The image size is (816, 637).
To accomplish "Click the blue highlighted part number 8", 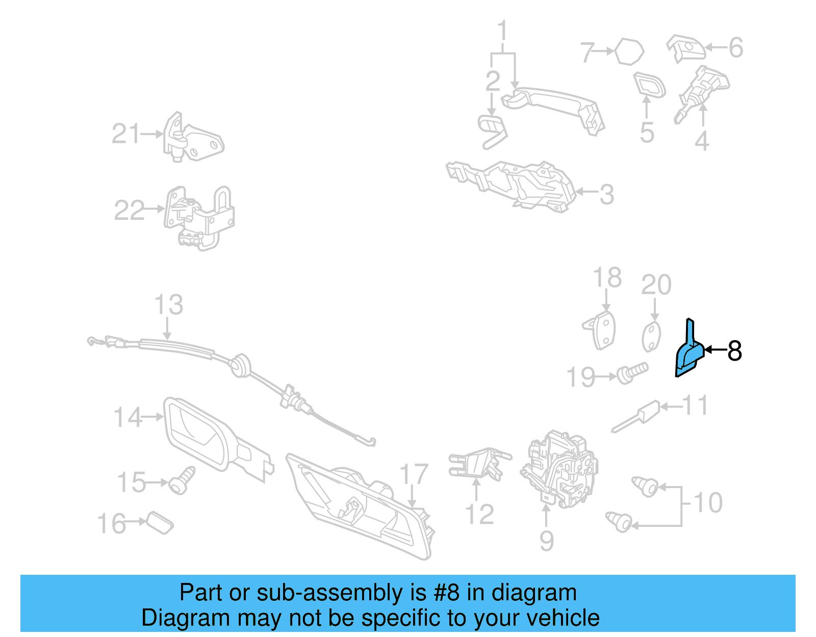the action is (688, 355).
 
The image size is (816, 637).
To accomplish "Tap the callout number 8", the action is (734, 350).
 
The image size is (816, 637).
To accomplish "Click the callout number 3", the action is (606, 194).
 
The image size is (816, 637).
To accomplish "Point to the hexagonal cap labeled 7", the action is (629, 52).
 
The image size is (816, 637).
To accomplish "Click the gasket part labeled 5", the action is (649, 86).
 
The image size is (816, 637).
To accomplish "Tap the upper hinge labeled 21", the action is (193, 137).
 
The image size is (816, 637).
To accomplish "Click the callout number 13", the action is (169, 304).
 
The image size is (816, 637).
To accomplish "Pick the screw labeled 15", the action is (182, 480).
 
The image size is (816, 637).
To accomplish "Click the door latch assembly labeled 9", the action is (558, 469).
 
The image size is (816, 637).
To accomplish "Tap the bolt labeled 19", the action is (632, 373).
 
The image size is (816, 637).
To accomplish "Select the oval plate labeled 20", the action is (651, 336).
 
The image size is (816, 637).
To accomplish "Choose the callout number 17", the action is (414, 474).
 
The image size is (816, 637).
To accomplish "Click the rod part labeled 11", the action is (636, 416).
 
